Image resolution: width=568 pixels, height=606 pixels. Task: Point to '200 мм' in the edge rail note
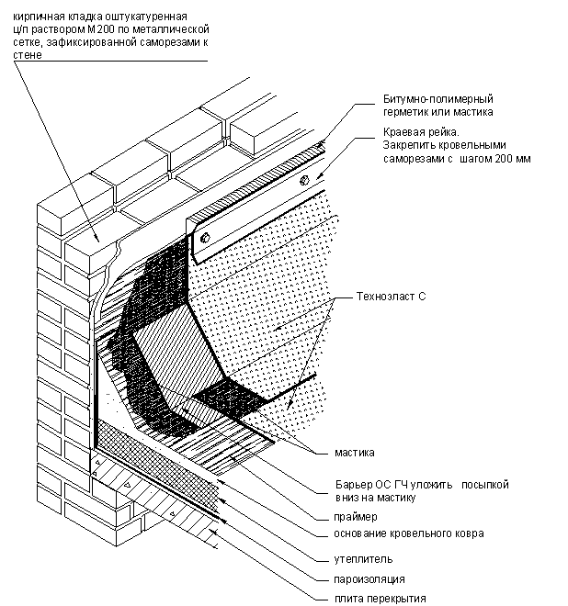coord(511,158)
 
